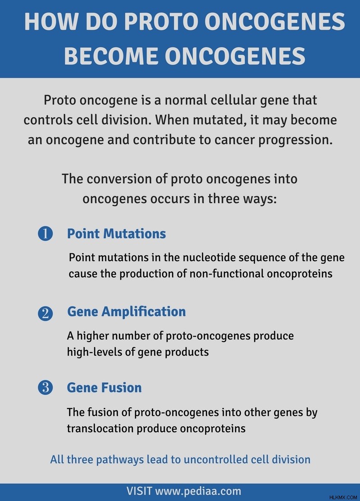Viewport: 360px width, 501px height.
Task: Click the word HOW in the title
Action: click(51, 22)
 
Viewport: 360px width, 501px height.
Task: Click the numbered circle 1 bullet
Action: click(45, 234)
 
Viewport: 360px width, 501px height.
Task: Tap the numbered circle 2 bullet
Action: click(45, 313)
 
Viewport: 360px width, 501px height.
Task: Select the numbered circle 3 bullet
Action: click(45, 387)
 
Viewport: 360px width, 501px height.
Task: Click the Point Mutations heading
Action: click(116, 234)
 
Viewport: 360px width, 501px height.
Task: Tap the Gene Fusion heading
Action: click(104, 388)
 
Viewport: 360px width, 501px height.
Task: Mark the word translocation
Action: click(100, 429)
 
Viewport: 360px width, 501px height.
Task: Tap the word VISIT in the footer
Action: click(139, 491)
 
